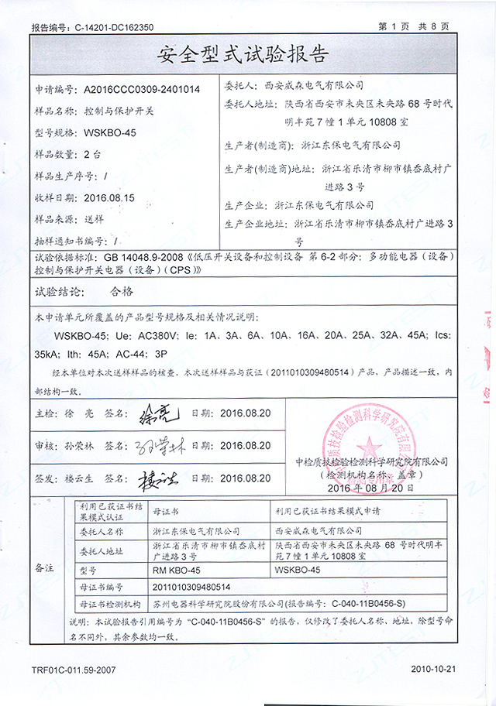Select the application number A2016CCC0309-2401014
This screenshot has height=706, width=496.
[x=142, y=90]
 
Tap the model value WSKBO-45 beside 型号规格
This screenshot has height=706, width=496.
[x=110, y=133]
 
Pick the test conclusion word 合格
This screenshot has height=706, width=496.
[x=118, y=292]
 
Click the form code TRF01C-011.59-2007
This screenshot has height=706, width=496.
[x=74, y=667]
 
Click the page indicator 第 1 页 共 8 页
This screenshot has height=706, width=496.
[x=414, y=27]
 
